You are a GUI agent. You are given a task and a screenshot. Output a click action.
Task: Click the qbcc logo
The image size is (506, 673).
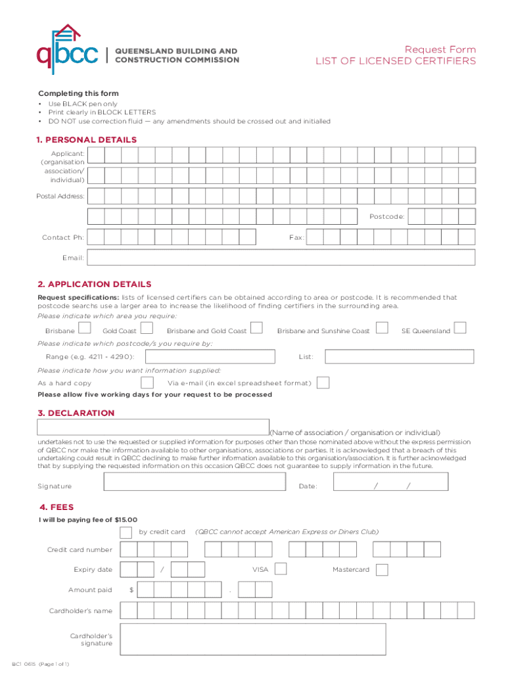(x=68, y=50)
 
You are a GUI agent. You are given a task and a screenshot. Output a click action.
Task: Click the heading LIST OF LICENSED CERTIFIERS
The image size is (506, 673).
(x=396, y=61)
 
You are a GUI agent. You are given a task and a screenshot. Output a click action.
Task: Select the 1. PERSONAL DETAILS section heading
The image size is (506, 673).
(x=87, y=140)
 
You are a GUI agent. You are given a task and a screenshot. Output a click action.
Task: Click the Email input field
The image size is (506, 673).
(x=281, y=257)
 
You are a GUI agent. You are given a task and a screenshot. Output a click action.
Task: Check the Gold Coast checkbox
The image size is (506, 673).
(x=147, y=328)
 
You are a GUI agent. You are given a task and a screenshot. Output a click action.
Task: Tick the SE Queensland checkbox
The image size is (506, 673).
(x=461, y=327)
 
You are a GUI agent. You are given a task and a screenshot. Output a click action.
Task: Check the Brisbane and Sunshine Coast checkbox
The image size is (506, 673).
(x=381, y=327)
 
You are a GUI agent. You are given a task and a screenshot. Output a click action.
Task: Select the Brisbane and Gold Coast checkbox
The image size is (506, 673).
(x=257, y=327)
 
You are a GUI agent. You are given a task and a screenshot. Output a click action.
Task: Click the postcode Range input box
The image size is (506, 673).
(x=210, y=356)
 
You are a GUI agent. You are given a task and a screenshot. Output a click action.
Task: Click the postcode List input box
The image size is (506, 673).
(x=400, y=356)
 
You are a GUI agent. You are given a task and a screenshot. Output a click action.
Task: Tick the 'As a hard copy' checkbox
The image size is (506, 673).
(x=148, y=383)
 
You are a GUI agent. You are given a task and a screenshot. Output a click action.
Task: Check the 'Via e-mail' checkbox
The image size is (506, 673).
(x=323, y=383)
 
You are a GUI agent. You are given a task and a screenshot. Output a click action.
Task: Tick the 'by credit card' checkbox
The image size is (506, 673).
(x=126, y=532)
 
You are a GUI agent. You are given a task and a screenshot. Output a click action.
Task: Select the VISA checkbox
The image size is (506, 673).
(x=281, y=569)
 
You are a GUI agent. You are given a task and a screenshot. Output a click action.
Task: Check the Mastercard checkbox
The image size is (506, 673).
(x=382, y=569)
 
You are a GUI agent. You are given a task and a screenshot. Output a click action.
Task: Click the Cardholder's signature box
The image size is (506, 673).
(x=253, y=639)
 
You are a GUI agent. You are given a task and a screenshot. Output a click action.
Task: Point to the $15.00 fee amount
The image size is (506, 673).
(x=126, y=519)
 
